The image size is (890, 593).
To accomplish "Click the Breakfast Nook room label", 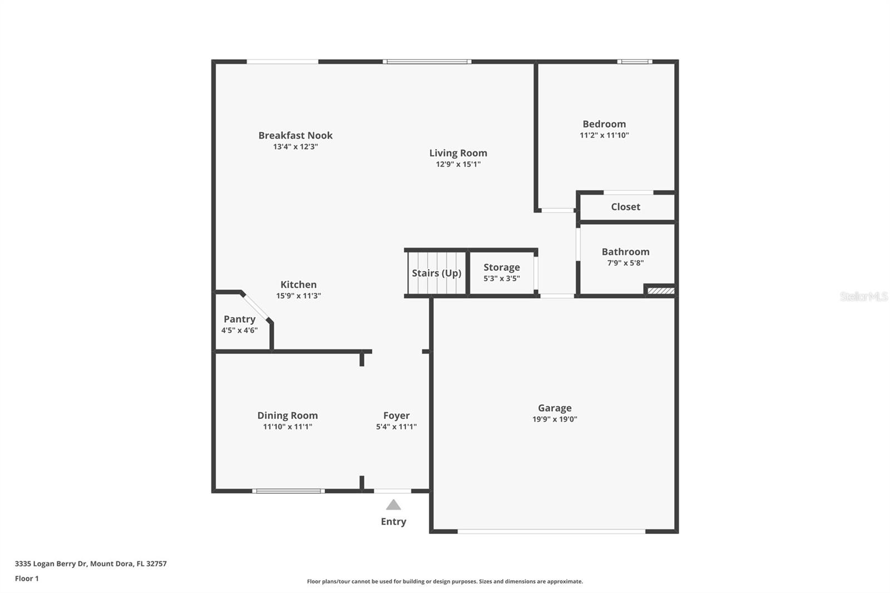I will (295, 135).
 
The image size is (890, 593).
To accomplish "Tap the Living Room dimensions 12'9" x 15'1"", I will (458, 164).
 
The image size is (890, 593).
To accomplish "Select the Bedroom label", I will (604, 124).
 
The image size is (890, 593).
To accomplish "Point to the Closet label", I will (625, 207).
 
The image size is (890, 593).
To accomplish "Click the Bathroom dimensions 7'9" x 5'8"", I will (625, 263).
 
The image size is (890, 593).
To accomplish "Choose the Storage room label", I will (501, 268).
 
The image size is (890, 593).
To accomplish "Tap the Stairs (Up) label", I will (436, 273).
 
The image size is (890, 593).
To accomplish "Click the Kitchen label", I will (298, 284).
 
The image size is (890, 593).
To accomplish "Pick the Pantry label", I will (239, 319).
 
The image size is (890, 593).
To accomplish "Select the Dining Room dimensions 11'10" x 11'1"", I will (288, 427).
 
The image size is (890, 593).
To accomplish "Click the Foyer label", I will (396, 416).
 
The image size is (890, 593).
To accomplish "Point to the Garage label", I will (555, 408).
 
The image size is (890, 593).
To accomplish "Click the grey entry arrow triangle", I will (393, 505).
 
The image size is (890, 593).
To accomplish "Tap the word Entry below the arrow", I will (393, 521).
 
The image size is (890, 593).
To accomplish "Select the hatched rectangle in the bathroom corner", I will (661, 290).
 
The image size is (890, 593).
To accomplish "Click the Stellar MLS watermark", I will (863, 296).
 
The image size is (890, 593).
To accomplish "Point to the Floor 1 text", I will (27, 579).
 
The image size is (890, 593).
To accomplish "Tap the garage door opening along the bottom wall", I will (551, 532).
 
